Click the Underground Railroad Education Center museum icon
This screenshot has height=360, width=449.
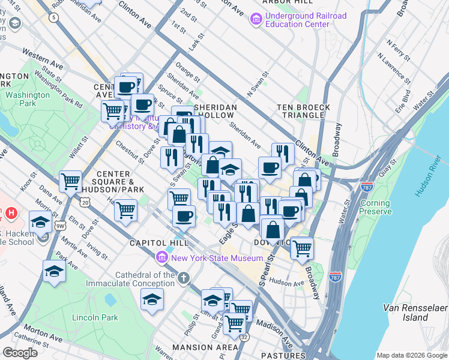tap(256, 20)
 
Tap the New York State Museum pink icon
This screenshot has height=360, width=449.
tap(161, 258)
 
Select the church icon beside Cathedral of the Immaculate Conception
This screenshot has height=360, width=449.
tap(184, 278)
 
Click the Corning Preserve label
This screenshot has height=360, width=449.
tap(375, 207)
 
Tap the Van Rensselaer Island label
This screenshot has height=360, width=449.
tap(414, 312)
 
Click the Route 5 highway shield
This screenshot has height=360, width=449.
tap(55, 17)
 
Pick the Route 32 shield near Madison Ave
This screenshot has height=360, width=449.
tap(244, 337)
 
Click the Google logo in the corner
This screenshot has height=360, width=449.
tap(20, 353)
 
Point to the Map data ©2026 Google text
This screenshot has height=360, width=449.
tap(412, 355)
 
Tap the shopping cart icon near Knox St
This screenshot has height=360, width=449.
tap(71, 181)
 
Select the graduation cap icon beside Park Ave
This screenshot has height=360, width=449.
tap(54, 271)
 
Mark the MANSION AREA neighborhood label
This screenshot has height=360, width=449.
tap(205, 347)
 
